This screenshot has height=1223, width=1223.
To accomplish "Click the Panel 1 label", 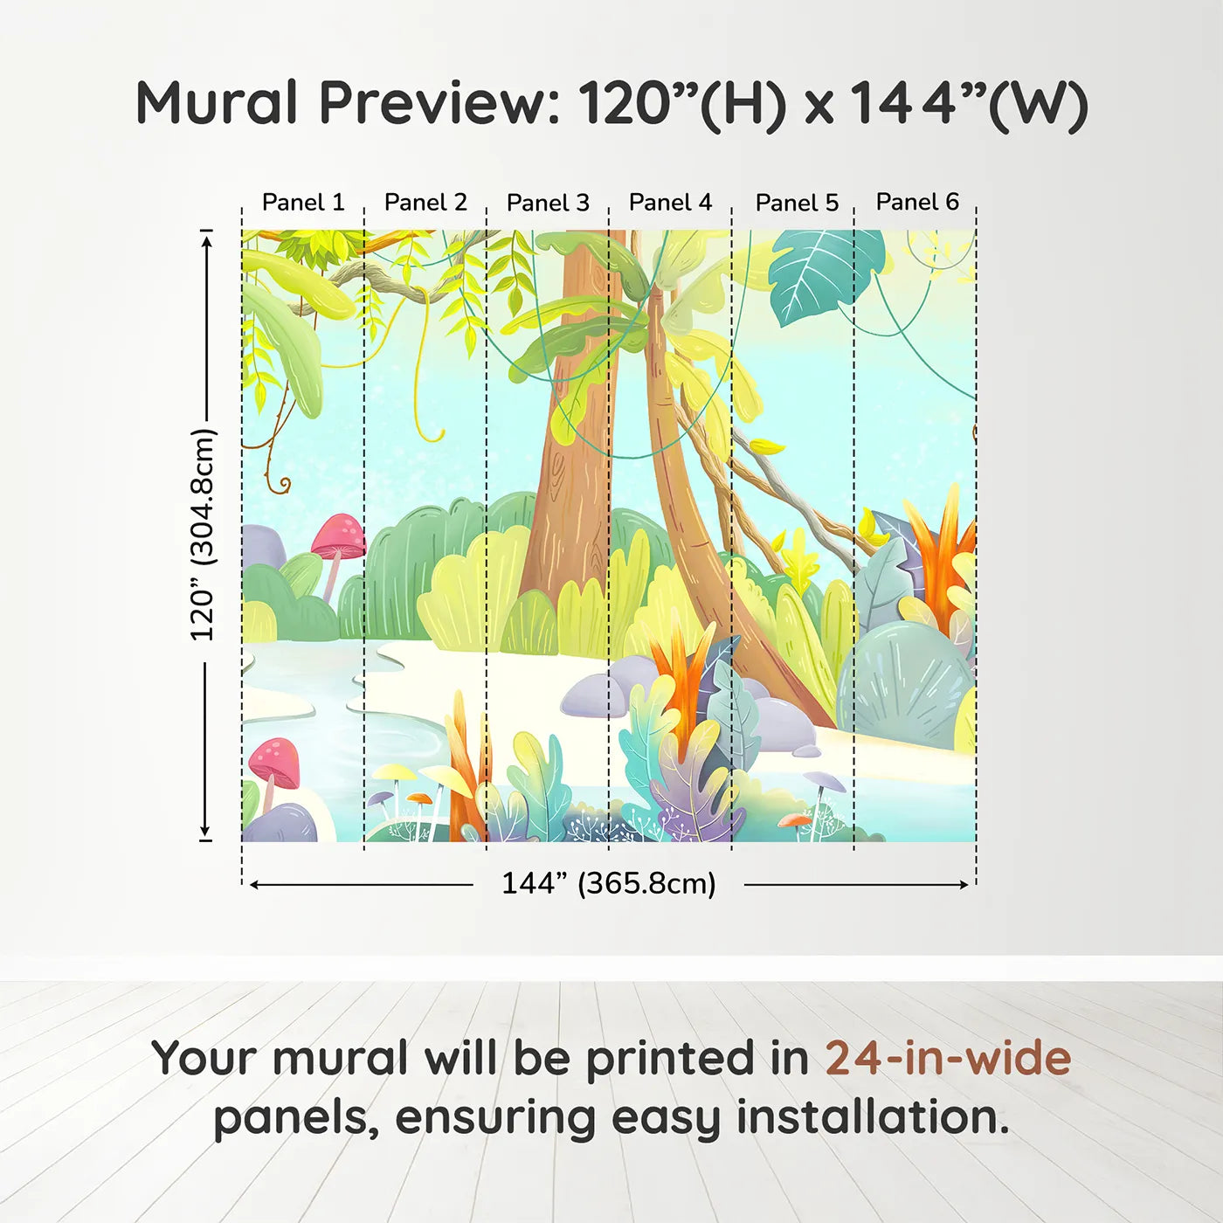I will tap(303, 203).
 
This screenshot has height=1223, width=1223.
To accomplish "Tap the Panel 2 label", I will tap(425, 203).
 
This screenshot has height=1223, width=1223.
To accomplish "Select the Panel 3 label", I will tap(548, 203).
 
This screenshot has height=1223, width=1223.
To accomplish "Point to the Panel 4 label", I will tap(670, 203).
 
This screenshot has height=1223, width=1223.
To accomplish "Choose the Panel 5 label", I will tap(797, 203).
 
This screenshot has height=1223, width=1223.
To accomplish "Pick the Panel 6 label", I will tap(917, 202).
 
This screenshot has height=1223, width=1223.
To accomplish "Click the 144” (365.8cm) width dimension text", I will tap(608, 883).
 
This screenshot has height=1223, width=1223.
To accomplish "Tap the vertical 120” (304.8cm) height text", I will tap(202, 535).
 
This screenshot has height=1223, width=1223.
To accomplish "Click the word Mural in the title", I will tap(217, 103).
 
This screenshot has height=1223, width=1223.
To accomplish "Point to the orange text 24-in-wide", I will tap(948, 1058).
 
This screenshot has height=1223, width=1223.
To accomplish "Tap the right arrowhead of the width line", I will tap(964, 885).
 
